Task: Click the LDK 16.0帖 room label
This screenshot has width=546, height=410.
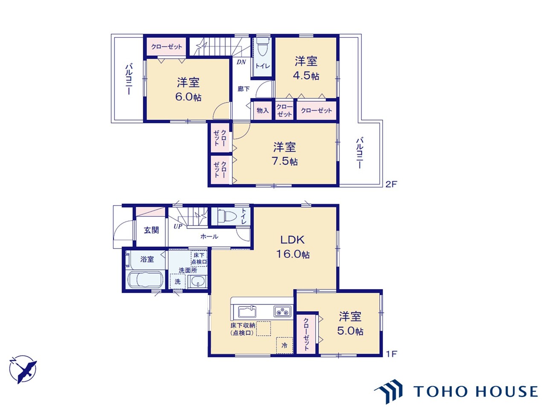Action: tap(293, 247)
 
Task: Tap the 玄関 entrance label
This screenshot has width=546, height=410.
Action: tap(151, 230)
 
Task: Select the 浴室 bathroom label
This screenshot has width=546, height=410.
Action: tap(147, 259)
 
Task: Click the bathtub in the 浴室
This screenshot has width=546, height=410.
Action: tap(145, 279)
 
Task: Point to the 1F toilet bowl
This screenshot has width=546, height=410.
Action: tap(227, 216)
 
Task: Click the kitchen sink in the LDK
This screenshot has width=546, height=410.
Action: tap(247, 311)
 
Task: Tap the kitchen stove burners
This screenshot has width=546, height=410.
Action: tap(282, 311)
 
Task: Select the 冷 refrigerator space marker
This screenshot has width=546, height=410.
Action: tap(285, 345)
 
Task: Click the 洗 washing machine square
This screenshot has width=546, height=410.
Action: tap(177, 281)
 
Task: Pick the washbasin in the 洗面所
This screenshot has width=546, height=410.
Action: tap(197, 282)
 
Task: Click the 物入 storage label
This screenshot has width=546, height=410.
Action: tap(262, 111)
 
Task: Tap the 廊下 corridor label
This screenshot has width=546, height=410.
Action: tap(243, 89)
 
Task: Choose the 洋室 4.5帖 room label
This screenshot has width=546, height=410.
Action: tap(306, 68)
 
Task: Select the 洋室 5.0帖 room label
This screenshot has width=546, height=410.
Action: tap(350, 324)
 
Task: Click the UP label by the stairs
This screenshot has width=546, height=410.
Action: tap(178, 226)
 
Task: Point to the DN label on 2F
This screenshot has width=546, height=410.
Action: tap(241, 62)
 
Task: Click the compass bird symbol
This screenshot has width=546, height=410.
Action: tap(23, 369)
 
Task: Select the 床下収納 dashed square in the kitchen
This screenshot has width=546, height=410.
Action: tap(264, 328)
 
